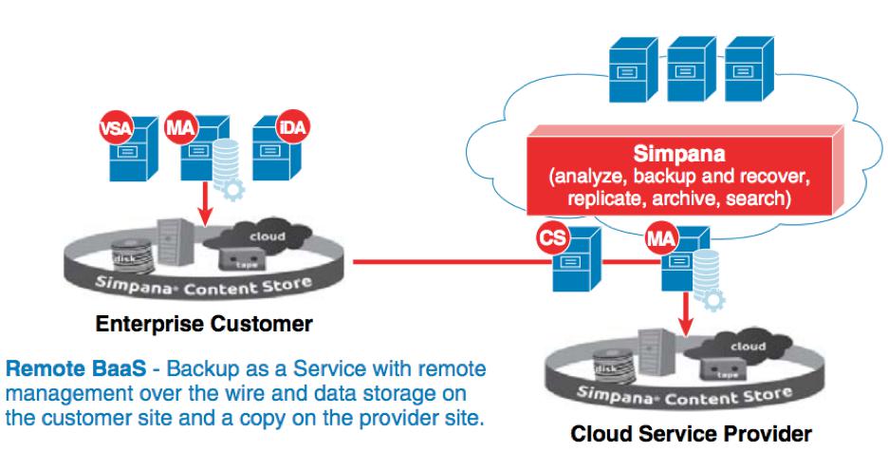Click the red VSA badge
coord(117,127)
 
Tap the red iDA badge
coord(293,126)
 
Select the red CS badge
coord(552,237)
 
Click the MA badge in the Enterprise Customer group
coord(181,127)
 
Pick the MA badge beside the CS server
coord(661,237)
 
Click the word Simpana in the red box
coord(678,154)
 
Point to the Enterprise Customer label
coord(204,324)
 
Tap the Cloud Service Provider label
coord(691,434)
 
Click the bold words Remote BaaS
coord(76,368)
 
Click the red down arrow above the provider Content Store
coord(686,312)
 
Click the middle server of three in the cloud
coord(691,69)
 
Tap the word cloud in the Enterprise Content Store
coord(268,235)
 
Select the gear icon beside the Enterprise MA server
coord(232,189)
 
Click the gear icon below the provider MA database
coord(713,300)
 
